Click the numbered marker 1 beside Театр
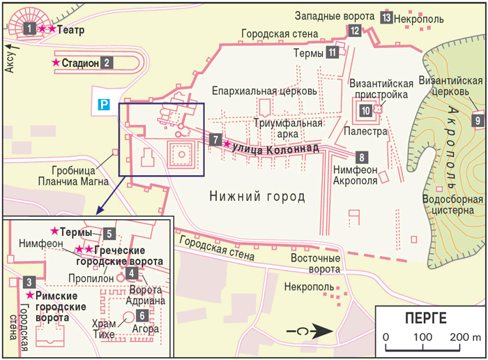pyautogui.click(x=29, y=29)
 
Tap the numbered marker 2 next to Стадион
pyautogui.click(x=107, y=63)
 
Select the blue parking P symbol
pyautogui.click(x=102, y=105)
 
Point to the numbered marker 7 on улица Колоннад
pyautogui.click(x=217, y=139)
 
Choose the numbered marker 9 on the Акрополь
pyautogui.click(x=478, y=120)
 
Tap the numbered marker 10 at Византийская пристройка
pyautogui.click(x=365, y=110)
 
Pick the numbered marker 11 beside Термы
pyautogui.click(x=333, y=52)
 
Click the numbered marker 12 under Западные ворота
pyautogui.click(x=355, y=30)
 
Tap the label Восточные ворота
pyautogui.click(x=316, y=263)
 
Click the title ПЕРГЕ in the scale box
pyautogui.click(x=425, y=319)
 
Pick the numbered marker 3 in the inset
pyautogui.click(x=29, y=283)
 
